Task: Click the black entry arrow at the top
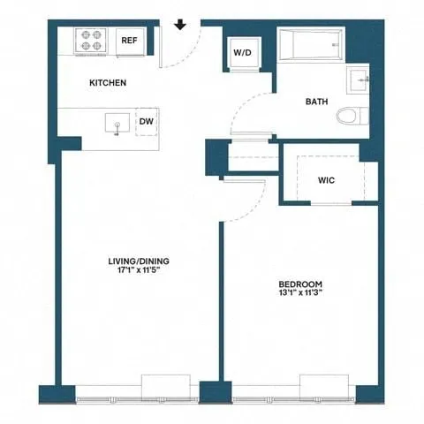tap(180, 24)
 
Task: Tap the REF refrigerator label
tap(129, 41)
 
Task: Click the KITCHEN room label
tap(108, 83)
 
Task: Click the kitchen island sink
tap(117, 123)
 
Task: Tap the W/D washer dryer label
tap(242, 53)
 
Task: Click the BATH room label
tap(317, 102)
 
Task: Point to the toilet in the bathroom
tap(352, 117)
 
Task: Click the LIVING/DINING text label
tap(139, 261)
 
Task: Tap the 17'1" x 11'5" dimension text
tap(139, 273)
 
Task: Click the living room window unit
tap(166, 385)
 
